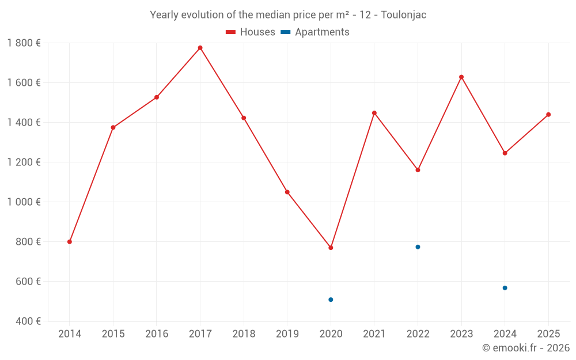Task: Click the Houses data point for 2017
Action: (200, 48)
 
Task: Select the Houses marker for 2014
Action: (70, 242)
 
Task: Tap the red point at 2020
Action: (331, 248)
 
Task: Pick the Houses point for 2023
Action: (461, 77)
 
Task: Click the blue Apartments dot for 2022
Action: (418, 247)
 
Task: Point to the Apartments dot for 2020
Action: (331, 300)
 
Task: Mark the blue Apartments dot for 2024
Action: (505, 288)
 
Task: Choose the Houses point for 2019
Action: (287, 192)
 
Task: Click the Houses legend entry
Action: (251, 32)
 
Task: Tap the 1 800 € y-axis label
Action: (24, 43)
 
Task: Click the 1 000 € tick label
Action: (24, 202)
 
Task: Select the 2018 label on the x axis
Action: (244, 334)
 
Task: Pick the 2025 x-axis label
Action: (548, 334)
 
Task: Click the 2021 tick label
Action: (374, 334)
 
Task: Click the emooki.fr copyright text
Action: (525, 348)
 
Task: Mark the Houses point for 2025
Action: (548, 115)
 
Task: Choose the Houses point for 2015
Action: (113, 127)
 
